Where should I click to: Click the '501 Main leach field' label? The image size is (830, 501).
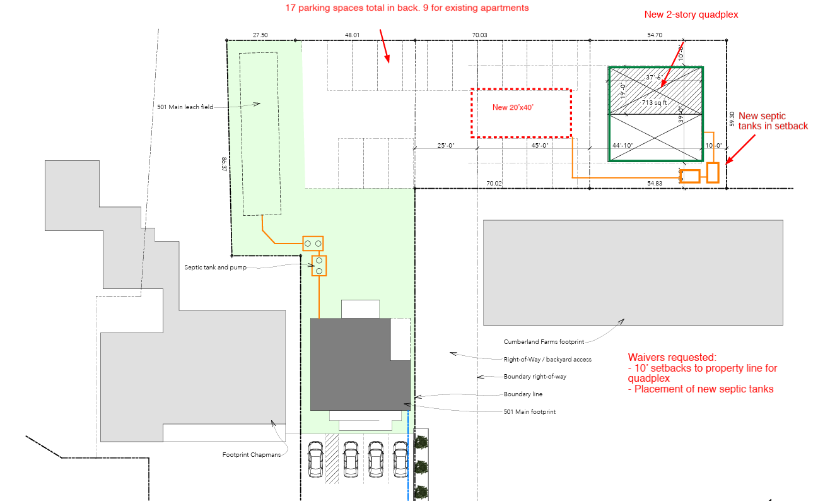click(185, 107)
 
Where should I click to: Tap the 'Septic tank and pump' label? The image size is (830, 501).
click(215, 268)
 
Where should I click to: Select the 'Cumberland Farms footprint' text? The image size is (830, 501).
click(544, 342)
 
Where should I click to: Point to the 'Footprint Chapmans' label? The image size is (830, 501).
click(252, 455)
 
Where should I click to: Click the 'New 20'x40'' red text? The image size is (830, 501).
click(513, 107)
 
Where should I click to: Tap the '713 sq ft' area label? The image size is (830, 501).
click(654, 102)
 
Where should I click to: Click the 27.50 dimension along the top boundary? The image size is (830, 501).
click(260, 35)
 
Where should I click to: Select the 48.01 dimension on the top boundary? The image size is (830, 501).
click(352, 35)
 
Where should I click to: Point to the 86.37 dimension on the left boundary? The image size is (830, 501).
click(224, 164)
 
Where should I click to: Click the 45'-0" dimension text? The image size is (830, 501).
click(539, 145)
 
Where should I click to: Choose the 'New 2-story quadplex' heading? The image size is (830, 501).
click(691, 15)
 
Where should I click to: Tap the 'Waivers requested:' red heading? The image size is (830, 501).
click(672, 358)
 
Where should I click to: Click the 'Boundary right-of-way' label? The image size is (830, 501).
click(535, 377)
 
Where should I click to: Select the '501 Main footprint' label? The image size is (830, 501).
click(530, 411)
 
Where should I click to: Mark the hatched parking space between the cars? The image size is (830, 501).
click(332, 459)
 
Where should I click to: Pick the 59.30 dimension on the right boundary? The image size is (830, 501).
click(732, 119)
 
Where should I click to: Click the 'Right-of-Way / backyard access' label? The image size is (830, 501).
click(547, 359)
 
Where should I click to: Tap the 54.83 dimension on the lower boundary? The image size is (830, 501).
click(655, 183)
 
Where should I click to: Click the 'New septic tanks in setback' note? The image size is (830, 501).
click(773, 121)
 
